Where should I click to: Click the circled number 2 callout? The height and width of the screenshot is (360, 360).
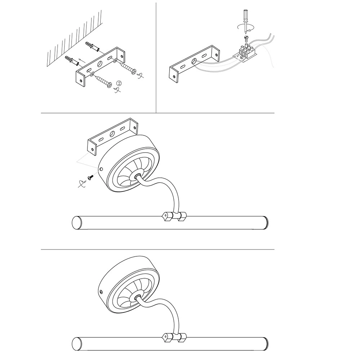(119, 83)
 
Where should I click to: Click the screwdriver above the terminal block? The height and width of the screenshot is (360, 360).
(246, 21)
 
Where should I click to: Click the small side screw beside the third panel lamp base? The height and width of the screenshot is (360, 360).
(90, 177)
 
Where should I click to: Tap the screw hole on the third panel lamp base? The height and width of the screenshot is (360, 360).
(101, 170)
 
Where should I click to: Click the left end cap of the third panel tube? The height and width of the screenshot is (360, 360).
(77, 223)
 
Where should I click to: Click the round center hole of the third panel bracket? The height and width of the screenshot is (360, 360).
(112, 134)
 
